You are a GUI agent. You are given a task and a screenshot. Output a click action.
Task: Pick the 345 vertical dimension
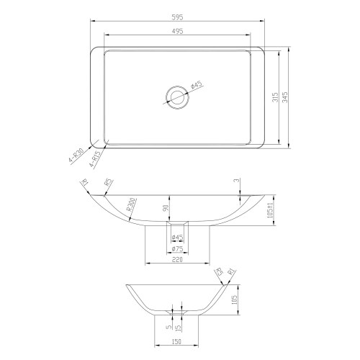pyautogui.click(x=287, y=98)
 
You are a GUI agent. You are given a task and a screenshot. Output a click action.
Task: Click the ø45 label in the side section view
pyautogui.click(x=177, y=237)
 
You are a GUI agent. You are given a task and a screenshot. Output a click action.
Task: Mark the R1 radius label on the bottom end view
pyautogui.click(x=232, y=273)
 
